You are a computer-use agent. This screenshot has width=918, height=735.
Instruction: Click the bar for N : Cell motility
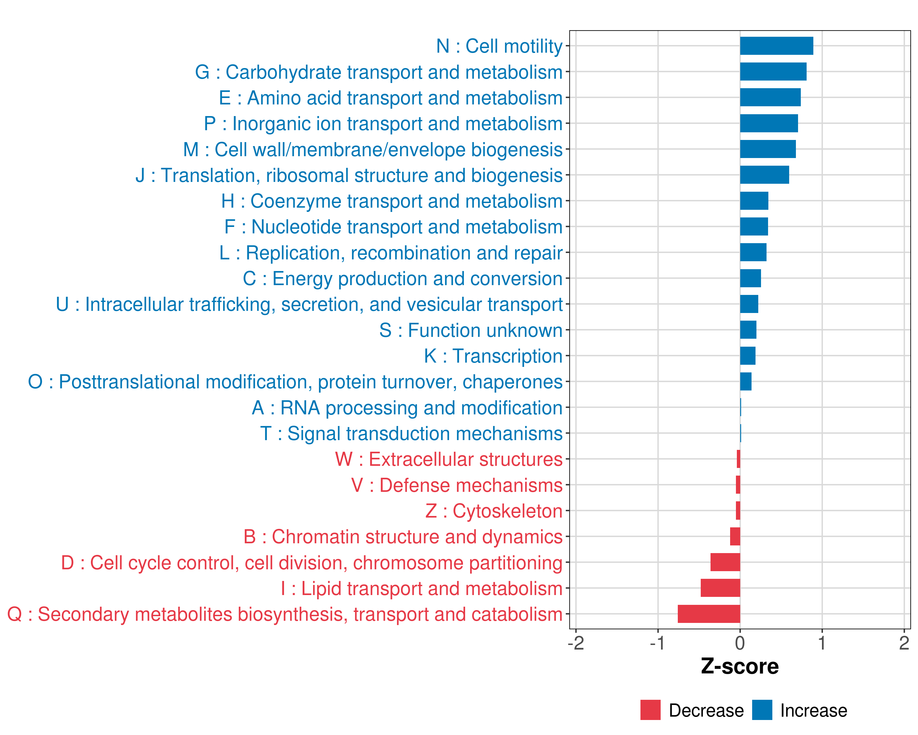pyautogui.click(x=776, y=46)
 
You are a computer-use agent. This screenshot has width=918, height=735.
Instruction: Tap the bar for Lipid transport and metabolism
pyautogui.click(x=720, y=588)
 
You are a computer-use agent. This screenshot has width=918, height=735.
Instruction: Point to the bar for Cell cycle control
pyautogui.click(x=725, y=562)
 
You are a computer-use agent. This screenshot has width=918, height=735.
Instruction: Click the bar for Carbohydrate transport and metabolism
pyautogui.click(x=773, y=72)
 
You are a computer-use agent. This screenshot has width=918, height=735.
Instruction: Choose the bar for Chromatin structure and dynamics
pyautogui.click(x=735, y=537)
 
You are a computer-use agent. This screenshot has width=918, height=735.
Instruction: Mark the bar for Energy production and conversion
pyautogui.click(x=750, y=278)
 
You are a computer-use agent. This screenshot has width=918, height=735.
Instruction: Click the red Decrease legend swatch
pyautogui.click(x=650, y=710)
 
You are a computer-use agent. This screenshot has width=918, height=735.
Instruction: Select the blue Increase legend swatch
pyautogui.click(x=762, y=710)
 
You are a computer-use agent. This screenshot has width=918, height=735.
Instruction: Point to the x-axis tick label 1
pyautogui.click(x=822, y=643)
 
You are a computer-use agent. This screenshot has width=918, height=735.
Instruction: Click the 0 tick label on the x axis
pyautogui.click(x=740, y=643)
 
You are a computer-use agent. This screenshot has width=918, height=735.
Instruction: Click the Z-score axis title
pyautogui.click(x=740, y=666)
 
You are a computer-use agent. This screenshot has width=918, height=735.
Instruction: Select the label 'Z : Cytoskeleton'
pyautogui.click(x=494, y=511)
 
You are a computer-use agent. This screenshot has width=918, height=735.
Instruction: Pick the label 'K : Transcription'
pyautogui.click(x=493, y=356)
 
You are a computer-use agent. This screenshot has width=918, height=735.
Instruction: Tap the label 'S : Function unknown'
pyautogui.click(x=471, y=330)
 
